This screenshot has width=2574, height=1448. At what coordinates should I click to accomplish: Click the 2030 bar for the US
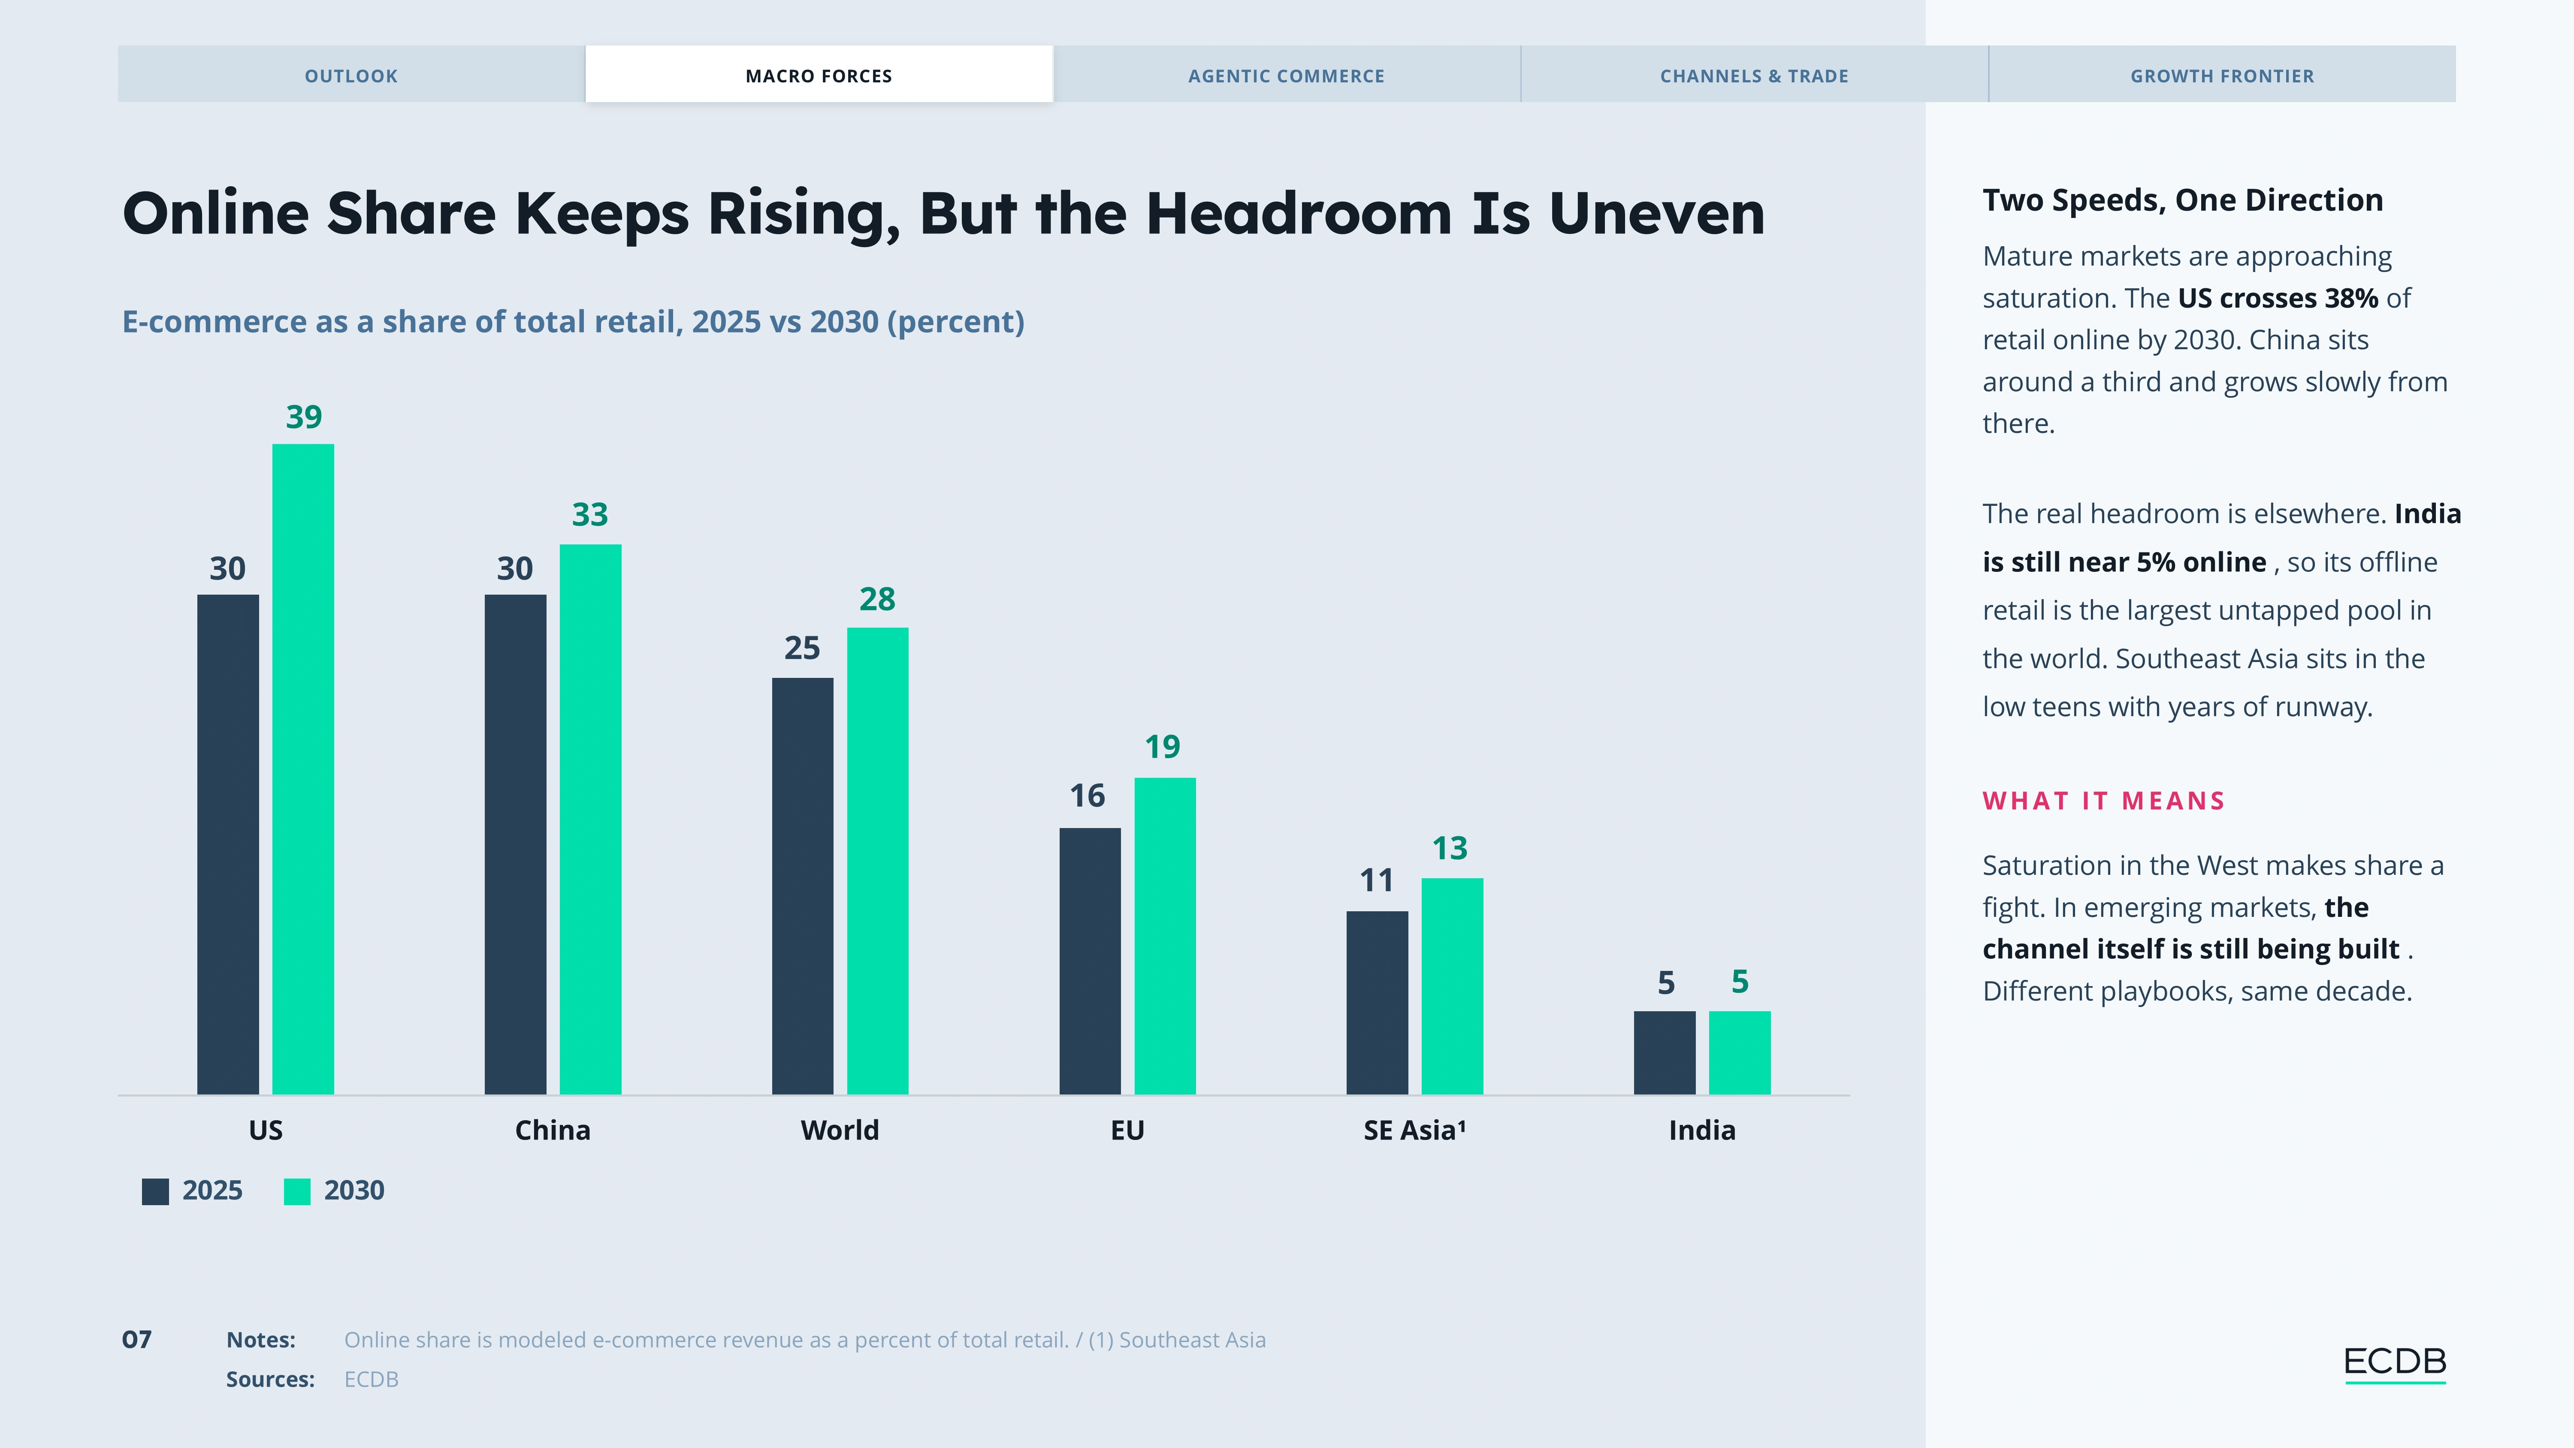point(303,769)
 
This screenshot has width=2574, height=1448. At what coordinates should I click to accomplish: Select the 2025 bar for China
point(516,844)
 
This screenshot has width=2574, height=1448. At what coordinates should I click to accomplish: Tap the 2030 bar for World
point(877,862)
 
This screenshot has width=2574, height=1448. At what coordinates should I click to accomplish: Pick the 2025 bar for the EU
point(1090,961)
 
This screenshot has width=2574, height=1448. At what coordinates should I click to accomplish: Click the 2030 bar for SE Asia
point(1452,986)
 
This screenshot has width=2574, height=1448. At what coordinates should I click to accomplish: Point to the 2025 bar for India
point(1665,1053)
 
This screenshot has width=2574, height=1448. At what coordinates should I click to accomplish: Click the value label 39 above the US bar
point(304,417)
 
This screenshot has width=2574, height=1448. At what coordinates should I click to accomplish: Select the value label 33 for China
point(589,515)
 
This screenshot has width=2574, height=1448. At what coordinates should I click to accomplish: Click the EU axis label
point(1127,1130)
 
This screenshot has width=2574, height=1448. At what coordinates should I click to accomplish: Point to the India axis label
point(1702,1130)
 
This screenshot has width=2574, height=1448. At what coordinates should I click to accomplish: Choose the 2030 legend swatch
point(297,1191)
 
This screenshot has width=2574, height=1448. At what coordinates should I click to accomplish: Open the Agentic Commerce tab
point(1286,75)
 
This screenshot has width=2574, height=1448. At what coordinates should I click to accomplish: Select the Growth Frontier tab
point(2222,75)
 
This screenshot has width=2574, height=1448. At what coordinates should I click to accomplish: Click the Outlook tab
point(351,75)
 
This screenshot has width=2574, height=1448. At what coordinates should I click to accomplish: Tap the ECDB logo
point(2394,1363)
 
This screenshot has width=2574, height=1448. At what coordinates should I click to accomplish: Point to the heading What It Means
point(2103,801)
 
